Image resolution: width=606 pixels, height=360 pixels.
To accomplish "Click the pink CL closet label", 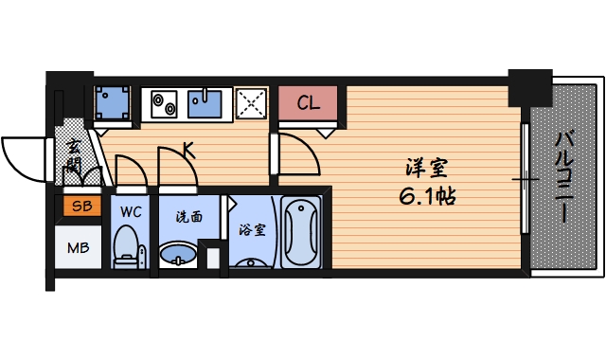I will [308, 103].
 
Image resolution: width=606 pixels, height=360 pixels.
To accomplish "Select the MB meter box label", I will [78, 249].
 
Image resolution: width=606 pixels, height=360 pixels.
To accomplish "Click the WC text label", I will [131, 212].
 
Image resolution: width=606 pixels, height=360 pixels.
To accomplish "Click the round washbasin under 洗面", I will [177, 255].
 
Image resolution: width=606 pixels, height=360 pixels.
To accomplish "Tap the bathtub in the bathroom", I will [301, 232].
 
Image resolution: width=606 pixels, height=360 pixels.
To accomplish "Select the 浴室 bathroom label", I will [250, 228].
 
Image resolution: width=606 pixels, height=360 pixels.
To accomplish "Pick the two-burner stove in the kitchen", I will [162, 102].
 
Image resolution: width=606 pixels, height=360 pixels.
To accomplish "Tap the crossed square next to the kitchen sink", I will [250, 102].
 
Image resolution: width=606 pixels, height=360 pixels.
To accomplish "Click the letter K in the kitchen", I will [188, 149].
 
